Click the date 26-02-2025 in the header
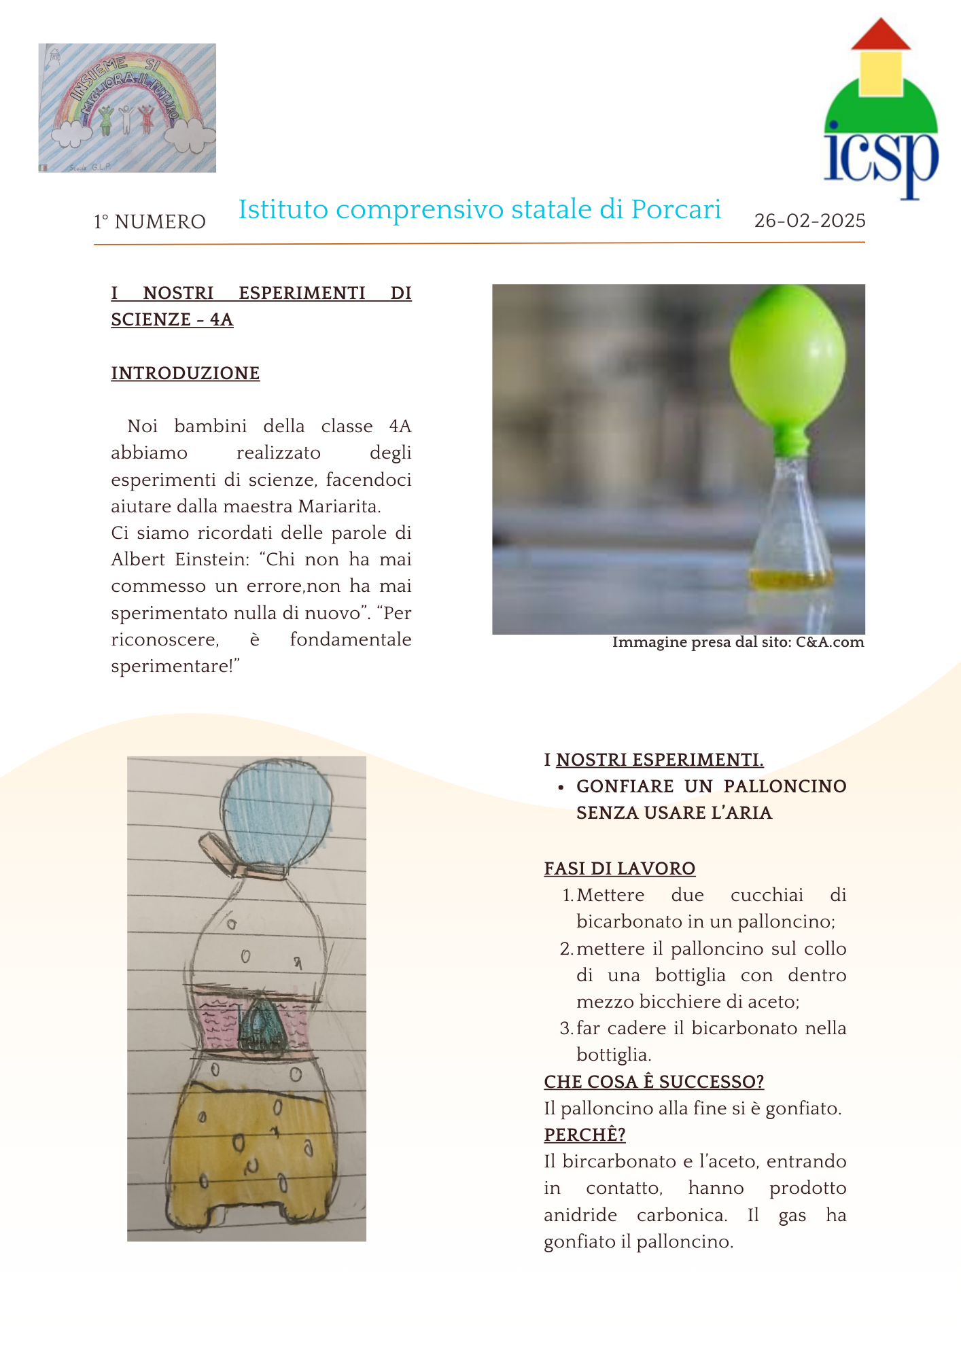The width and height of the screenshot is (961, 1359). pos(809,221)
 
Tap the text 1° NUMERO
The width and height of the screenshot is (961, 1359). pos(150,222)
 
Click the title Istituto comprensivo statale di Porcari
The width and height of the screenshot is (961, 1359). pos(479,210)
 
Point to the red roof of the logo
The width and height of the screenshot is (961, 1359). pos(881,36)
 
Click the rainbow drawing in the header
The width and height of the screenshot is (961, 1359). pos(127,107)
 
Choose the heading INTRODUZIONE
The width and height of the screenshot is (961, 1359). pos(185,373)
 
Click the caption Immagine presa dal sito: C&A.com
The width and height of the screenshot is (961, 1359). pos(737,642)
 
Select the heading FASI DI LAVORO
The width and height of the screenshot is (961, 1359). pos(619,868)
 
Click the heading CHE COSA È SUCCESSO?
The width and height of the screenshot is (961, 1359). pos(654,1082)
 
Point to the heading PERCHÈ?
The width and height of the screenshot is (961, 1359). pos(584,1135)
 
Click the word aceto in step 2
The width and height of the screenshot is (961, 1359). pos(772,1002)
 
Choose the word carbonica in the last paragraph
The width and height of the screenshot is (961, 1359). pos(682,1215)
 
